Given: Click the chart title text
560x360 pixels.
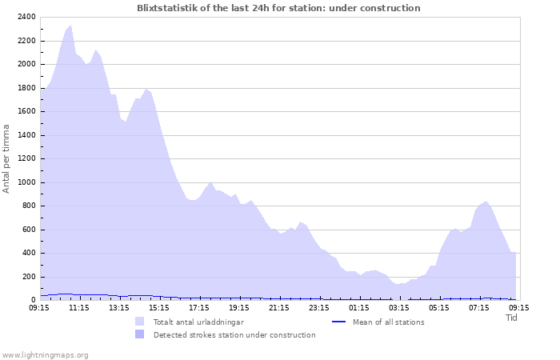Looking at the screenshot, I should (x=278, y=8).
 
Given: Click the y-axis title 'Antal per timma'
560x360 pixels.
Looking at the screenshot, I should (x=6, y=158).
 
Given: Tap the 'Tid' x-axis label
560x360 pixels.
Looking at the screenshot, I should (x=512, y=318).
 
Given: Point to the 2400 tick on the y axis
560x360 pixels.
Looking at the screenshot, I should (x=26, y=17).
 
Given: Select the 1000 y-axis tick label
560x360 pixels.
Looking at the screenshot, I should (x=26, y=182).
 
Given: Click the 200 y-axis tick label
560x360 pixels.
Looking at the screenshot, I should (x=28, y=277).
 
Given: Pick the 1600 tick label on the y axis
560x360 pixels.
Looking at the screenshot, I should (x=26, y=111).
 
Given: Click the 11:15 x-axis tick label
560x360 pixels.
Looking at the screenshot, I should (x=79, y=306).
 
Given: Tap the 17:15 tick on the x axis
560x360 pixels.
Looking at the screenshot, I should (x=199, y=306).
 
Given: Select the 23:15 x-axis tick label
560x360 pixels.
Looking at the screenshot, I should (x=319, y=306).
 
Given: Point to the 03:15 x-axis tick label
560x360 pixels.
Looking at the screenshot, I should (x=399, y=306).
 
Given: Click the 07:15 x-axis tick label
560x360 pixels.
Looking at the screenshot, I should (x=479, y=306).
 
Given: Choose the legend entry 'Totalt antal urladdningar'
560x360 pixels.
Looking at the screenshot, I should (x=198, y=322).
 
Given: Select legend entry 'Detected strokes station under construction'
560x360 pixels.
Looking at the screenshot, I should (x=234, y=334).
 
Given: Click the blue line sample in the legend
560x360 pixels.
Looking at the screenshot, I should (x=338, y=322).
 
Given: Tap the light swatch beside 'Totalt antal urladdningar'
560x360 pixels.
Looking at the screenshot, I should (x=140, y=322).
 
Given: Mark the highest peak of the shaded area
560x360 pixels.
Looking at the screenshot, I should (x=70, y=25).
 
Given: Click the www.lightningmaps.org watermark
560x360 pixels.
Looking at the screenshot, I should (x=45, y=354).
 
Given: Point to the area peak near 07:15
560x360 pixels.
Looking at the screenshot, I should (x=486, y=202).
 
